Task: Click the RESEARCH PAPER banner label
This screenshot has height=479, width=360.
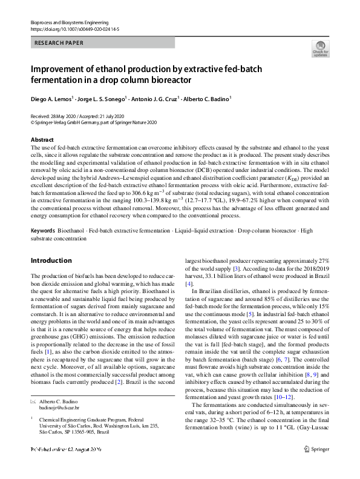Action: click(x=58, y=44)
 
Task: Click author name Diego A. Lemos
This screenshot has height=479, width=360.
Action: click(x=52, y=99)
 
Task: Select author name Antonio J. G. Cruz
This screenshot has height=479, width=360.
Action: click(x=155, y=99)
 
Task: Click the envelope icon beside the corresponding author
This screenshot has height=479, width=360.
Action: click(x=33, y=402)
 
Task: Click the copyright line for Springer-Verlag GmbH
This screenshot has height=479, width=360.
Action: click(x=93, y=122)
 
